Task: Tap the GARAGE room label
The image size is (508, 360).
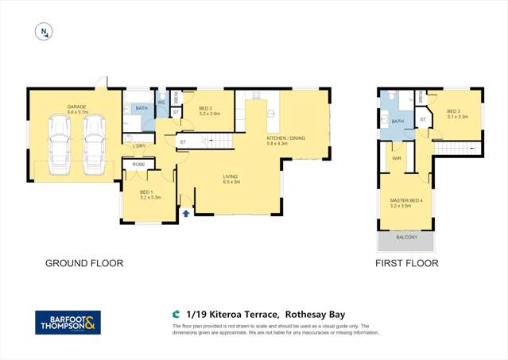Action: coord(77,107)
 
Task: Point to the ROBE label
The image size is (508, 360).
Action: coord(138,164)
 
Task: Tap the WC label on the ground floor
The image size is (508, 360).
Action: coord(161,103)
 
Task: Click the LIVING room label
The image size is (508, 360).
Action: coord(232,179)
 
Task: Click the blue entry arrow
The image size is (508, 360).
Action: coord(186,212)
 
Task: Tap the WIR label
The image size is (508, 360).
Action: coord(397,158)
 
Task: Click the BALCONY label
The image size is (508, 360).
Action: coord(407,238)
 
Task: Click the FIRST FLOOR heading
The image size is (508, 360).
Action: coord(406,261)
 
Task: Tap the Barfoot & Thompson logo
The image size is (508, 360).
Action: coord(68,322)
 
